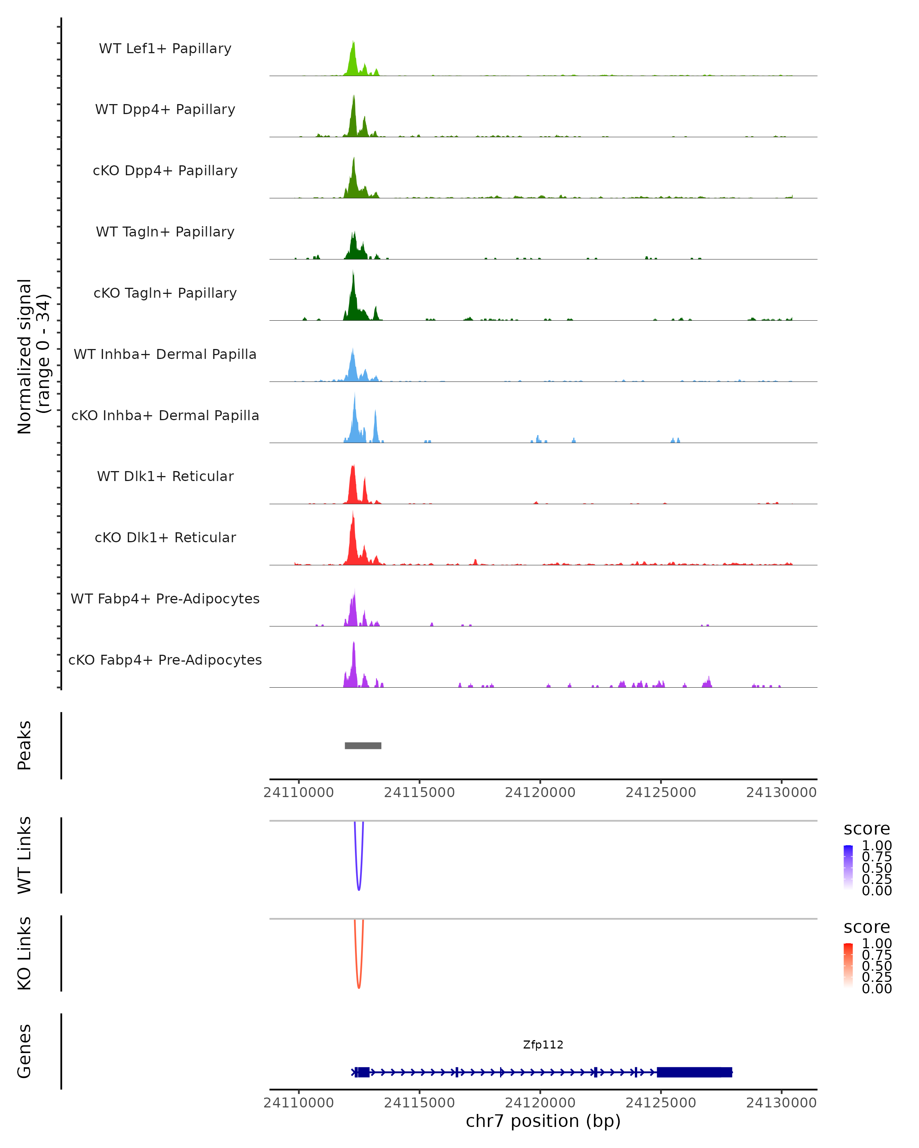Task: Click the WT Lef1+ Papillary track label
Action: click(165, 49)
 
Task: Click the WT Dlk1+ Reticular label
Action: click(165, 476)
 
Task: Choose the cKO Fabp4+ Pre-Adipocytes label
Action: click(165, 660)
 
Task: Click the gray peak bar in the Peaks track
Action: click(363, 745)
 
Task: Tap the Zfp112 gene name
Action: click(543, 1045)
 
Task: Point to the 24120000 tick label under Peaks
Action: click(540, 793)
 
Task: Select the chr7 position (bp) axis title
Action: click(543, 1121)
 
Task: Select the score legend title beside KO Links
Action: click(867, 927)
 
